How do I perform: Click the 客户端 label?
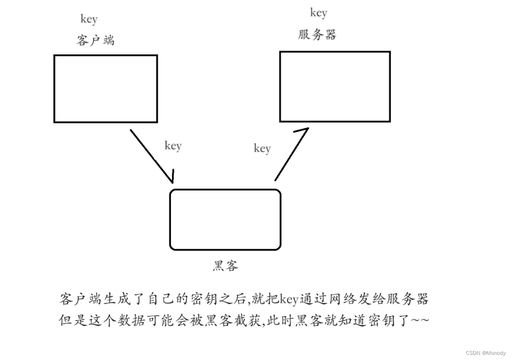95,41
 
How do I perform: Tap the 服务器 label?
317,34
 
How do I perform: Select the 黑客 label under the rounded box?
225,266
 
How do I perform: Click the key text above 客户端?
89,19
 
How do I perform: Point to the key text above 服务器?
318,13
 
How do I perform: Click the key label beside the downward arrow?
173,146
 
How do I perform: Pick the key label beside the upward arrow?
262,149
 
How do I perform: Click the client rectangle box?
105,89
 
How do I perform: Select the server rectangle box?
335,87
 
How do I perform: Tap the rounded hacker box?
225,219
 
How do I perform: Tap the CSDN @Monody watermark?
486,353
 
